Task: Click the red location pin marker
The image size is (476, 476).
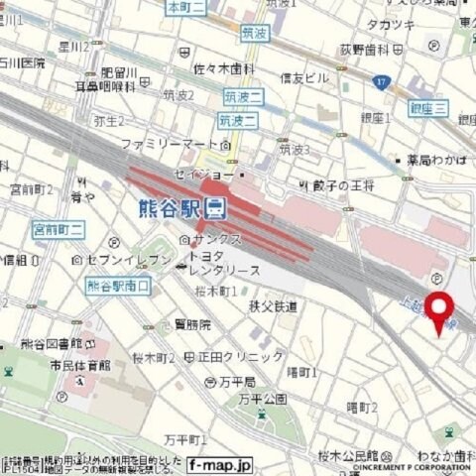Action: coord(439,310)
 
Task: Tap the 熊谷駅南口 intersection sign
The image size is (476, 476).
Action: coord(118,287)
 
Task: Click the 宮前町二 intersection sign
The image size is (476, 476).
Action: coord(59,229)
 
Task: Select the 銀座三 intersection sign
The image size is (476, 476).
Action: coord(427,108)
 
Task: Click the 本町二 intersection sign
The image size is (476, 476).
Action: coord(186,8)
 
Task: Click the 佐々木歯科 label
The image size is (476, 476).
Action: coord(224,68)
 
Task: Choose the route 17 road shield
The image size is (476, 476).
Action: coord(380,82)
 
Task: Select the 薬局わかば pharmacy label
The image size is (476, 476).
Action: coord(434,159)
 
